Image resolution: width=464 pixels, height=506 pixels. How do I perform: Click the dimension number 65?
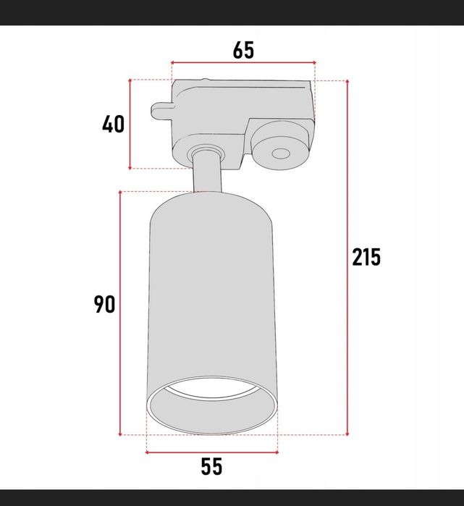243,50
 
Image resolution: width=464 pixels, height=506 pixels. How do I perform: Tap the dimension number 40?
113,125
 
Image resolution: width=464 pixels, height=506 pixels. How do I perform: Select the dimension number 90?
104,304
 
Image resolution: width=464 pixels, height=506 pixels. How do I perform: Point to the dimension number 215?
366,257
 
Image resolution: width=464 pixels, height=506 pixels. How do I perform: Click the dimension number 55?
211,467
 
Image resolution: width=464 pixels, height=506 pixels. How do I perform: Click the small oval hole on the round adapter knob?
279,153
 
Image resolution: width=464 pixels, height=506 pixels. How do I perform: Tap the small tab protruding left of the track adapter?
162,111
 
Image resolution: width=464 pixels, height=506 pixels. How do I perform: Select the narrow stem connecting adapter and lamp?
208,172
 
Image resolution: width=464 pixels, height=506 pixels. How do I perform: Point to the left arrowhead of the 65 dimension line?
172,62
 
